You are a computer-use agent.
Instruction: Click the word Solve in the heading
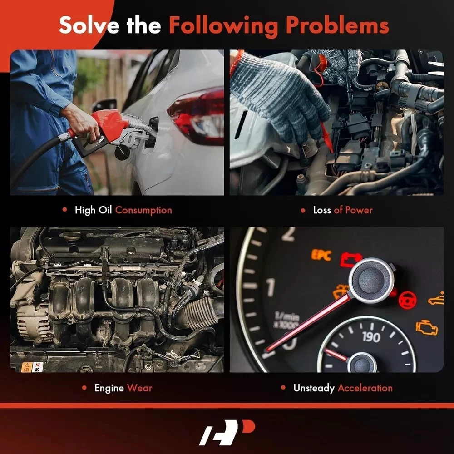click(x=89, y=25)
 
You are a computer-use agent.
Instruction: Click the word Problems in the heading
click(x=337, y=25)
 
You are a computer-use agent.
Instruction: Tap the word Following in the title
click(x=223, y=27)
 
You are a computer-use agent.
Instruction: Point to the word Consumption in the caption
click(x=143, y=210)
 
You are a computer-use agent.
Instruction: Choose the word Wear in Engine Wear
click(x=139, y=388)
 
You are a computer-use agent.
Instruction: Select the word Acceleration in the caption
click(x=365, y=388)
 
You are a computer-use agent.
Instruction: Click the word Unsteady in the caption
click(x=314, y=388)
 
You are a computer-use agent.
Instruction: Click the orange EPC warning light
click(x=321, y=255)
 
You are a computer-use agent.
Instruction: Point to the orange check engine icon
click(x=426, y=327)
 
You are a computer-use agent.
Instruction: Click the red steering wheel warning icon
click(x=407, y=300)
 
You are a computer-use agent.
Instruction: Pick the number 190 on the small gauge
click(x=371, y=337)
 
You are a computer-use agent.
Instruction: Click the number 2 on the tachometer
click(x=288, y=234)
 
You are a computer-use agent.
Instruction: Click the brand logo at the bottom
click(x=227, y=432)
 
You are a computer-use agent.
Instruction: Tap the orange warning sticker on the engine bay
click(x=27, y=367)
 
